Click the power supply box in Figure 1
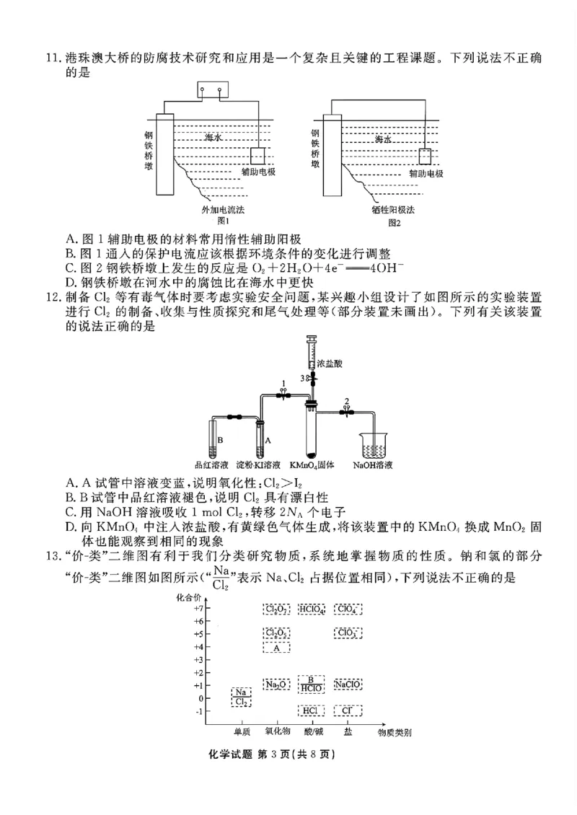212,92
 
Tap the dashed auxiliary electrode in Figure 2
425,157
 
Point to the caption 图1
223,221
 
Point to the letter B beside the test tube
219,439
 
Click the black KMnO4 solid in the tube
311,454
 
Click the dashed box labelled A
276,647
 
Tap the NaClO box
348,684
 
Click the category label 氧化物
276,731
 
